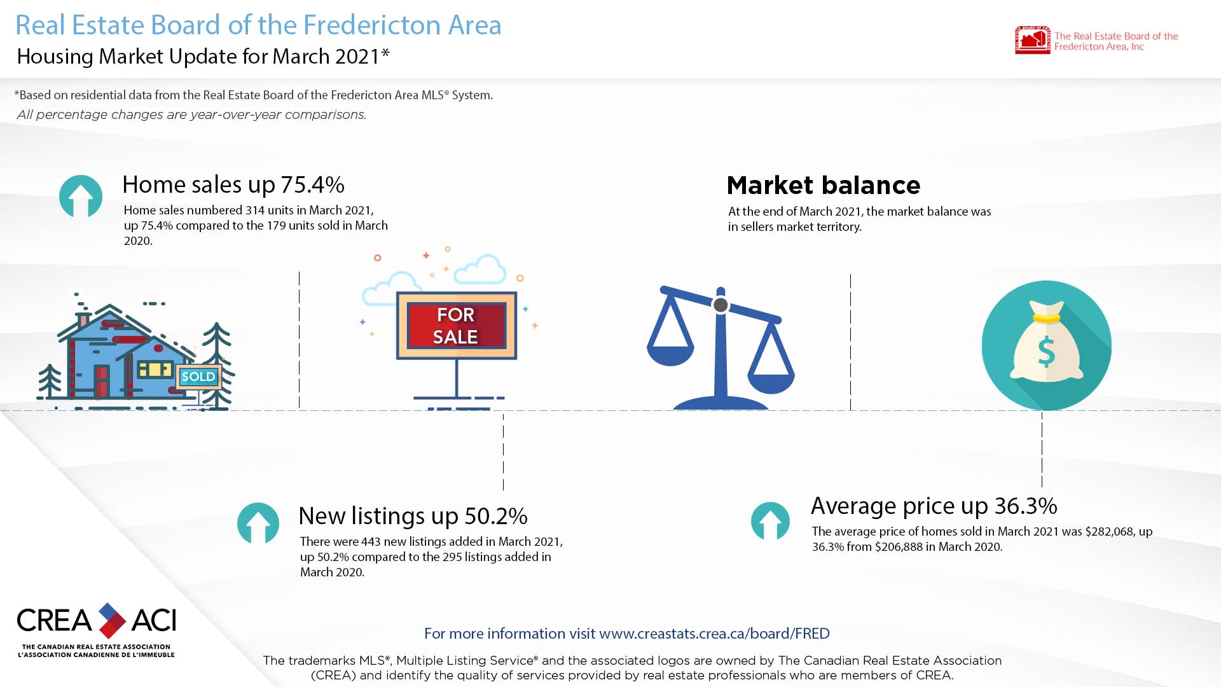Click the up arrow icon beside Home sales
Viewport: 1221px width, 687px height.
[81, 197]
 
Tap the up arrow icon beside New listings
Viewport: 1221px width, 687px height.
[258, 524]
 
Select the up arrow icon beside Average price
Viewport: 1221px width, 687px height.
[770, 521]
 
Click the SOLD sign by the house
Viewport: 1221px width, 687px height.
[198, 377]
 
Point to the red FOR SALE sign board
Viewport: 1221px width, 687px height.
[457, 326]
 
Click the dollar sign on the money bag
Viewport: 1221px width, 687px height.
[1046, 352]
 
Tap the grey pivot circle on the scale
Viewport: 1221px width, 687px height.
[721, 305]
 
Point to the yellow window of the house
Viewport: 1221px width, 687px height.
[155, 369]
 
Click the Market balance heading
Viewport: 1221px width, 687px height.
[824, 185]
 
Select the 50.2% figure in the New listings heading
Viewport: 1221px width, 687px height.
[496, 516]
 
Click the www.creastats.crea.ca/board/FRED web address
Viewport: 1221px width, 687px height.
[714, 634]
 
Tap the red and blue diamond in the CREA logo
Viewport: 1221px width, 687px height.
[112, 621]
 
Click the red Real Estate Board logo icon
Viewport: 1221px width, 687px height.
[1032, 40]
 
